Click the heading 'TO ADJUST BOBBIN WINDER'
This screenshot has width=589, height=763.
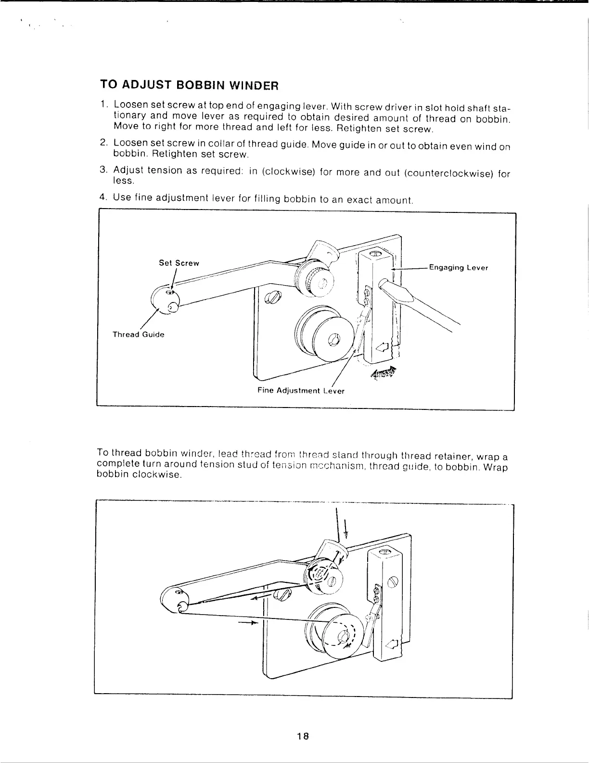189,86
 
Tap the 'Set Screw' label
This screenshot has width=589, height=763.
179,263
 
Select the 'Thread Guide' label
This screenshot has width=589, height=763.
138,334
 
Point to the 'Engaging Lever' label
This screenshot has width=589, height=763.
458,268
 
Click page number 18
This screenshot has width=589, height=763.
302,736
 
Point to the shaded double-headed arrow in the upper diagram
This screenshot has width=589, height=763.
383,373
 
